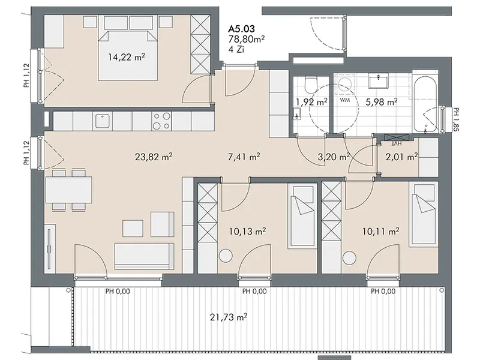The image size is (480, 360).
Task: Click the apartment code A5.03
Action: (242, 29)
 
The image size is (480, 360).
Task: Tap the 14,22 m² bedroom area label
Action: (127, 57)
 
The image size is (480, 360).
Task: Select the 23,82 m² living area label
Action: (154, 157)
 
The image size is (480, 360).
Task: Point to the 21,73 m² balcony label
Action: (229, 317)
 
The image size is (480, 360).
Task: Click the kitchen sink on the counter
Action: (102, 121)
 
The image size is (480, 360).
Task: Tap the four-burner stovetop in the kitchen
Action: (161, 121)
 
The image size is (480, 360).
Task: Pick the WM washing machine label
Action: (344, 100)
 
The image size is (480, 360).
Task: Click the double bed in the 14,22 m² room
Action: (128, 56)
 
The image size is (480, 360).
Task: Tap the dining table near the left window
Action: (69, 190)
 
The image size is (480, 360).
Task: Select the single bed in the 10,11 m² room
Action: (423, 214)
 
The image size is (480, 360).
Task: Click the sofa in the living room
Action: (144, 256)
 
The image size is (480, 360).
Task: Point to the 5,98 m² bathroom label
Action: (382, 101)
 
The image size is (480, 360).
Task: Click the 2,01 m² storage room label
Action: (401, 157)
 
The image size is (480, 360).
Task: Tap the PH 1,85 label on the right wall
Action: (456, 119)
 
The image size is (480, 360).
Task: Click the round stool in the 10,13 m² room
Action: (226, 256)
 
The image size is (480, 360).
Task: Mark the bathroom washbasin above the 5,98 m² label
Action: (379, 80)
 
